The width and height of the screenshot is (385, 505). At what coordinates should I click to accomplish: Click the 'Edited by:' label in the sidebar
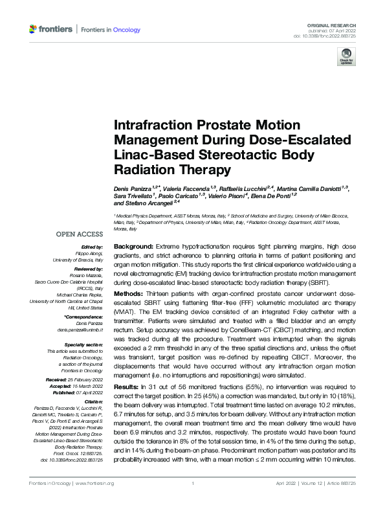click(x=92, y=248)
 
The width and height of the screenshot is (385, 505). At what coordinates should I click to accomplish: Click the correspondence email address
click(x=76, y=330)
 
